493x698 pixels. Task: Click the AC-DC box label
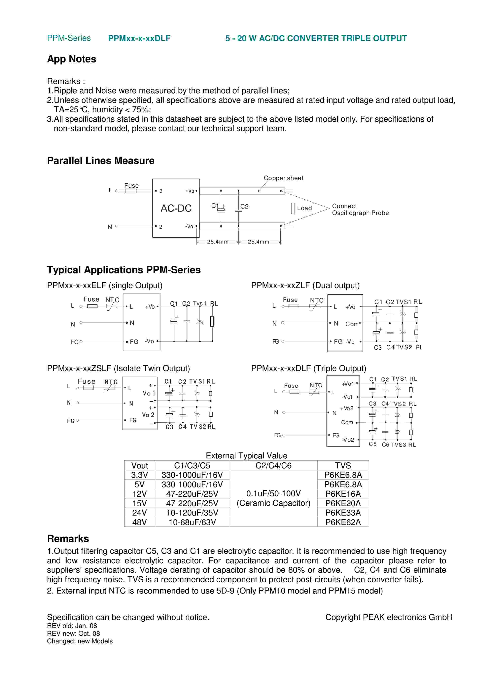tap(176, 208)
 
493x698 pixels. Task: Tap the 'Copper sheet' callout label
tap(283, 178)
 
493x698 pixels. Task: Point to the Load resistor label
tap(304, 208)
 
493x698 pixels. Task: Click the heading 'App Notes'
tap(72, 59)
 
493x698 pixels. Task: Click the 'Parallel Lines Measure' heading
tap(101, 161)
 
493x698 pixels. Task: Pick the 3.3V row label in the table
tap(139, 475)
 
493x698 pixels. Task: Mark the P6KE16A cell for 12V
tap(343, 494)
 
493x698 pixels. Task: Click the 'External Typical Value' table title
tap(246, 455)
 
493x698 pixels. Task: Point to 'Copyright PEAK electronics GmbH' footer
tap(389, 617)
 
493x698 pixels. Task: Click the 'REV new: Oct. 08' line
tap(73, 634)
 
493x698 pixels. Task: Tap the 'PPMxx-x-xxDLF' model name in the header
tap(139, 38)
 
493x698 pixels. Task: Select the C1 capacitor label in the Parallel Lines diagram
tap(215, 206)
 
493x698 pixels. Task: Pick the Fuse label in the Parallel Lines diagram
tap(131, 185)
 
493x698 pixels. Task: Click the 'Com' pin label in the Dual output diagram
tap(352, 324)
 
